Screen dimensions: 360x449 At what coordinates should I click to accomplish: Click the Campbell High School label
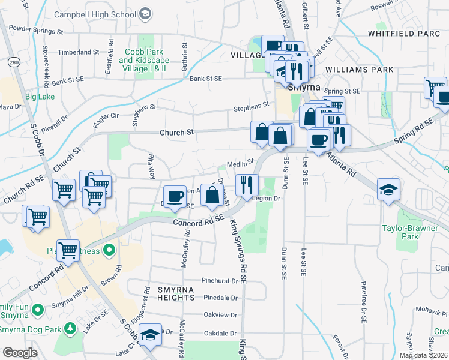95,13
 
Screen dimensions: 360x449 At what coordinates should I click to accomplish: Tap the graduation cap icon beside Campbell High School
144,13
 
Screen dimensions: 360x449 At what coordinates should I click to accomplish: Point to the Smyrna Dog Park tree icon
70,328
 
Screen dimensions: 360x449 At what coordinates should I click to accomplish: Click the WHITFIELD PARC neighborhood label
404,33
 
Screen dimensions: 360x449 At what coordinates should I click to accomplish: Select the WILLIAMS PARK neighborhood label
360,70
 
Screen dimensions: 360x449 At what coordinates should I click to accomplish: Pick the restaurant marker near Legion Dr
247,185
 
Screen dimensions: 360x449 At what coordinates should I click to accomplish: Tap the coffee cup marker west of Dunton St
175,196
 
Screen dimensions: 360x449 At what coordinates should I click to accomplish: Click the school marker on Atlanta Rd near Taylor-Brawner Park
388,190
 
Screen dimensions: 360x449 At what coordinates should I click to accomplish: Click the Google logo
19,353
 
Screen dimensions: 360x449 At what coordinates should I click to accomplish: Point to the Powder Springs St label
37,29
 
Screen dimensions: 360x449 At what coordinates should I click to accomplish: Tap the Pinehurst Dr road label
220,280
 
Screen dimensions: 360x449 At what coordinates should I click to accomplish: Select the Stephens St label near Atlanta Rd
252,106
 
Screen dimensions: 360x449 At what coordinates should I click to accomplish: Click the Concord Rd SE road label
198,221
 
